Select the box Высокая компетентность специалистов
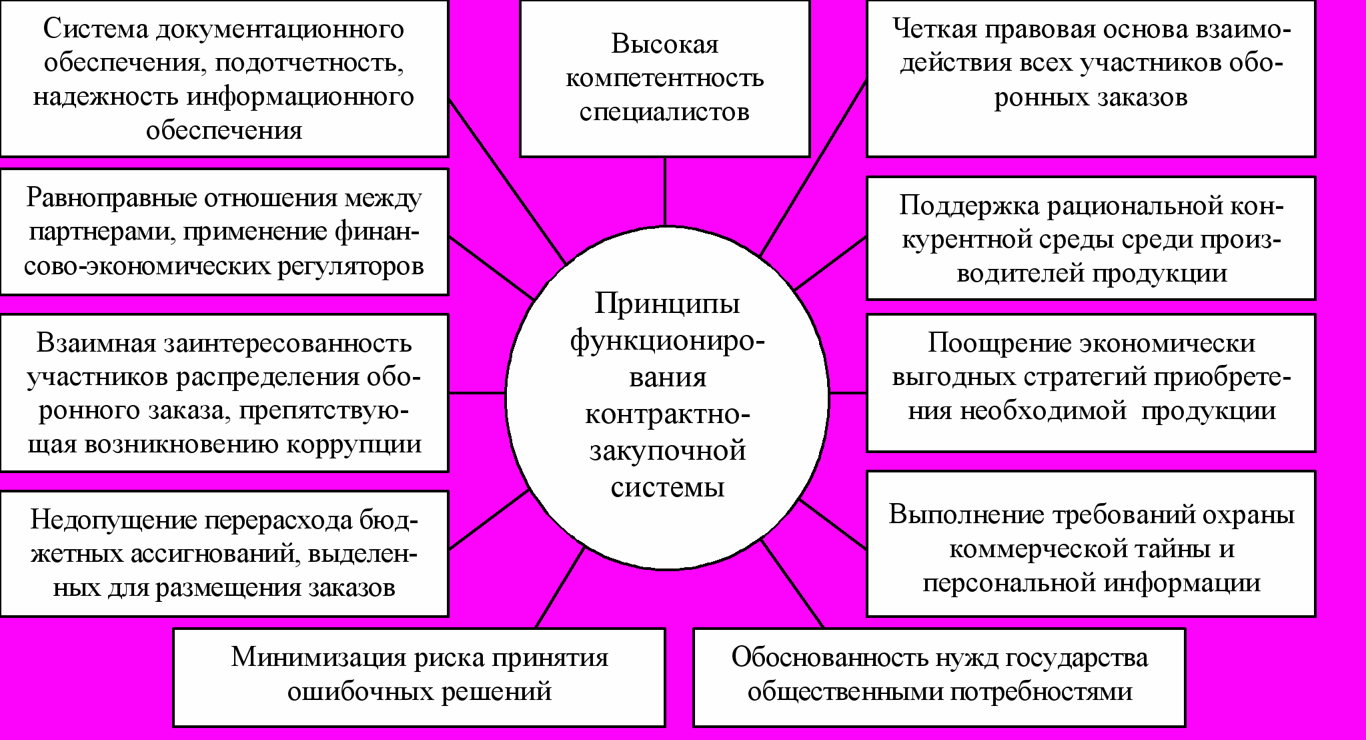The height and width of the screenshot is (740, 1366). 664,78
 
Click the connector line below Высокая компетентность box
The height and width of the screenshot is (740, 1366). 665,192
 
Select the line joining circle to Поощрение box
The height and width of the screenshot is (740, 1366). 848,393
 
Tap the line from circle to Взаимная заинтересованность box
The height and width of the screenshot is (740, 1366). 477,393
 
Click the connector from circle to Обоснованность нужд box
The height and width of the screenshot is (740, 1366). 792,584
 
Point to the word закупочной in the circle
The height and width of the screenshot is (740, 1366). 667,451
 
